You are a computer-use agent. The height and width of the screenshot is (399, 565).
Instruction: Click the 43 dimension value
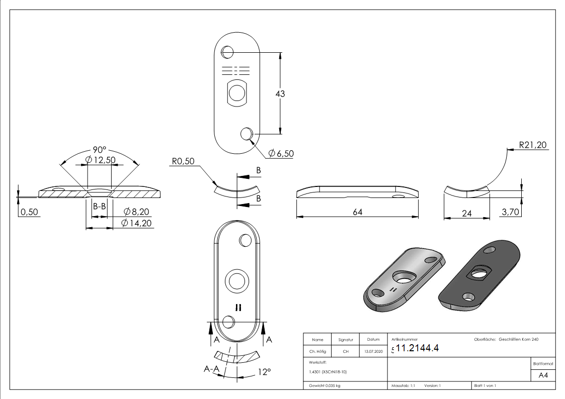(280, 93)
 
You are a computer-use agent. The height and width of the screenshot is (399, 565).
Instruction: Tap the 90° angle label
(100, 150)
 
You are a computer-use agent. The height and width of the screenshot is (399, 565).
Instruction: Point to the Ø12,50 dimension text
(101, 160)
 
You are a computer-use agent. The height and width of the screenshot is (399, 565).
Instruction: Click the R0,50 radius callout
(183, 162)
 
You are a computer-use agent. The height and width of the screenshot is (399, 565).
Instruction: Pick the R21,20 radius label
(533, 145)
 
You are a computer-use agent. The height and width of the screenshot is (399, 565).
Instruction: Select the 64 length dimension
(357, 212)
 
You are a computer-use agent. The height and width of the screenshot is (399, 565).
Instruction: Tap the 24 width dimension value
(466, 213)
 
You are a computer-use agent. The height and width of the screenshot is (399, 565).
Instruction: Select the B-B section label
(99, 206)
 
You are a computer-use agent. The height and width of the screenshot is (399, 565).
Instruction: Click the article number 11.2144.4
(417, 348)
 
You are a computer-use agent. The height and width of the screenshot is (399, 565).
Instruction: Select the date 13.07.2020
(373, 351)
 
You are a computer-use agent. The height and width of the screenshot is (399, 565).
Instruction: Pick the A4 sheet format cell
(543, 375)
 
